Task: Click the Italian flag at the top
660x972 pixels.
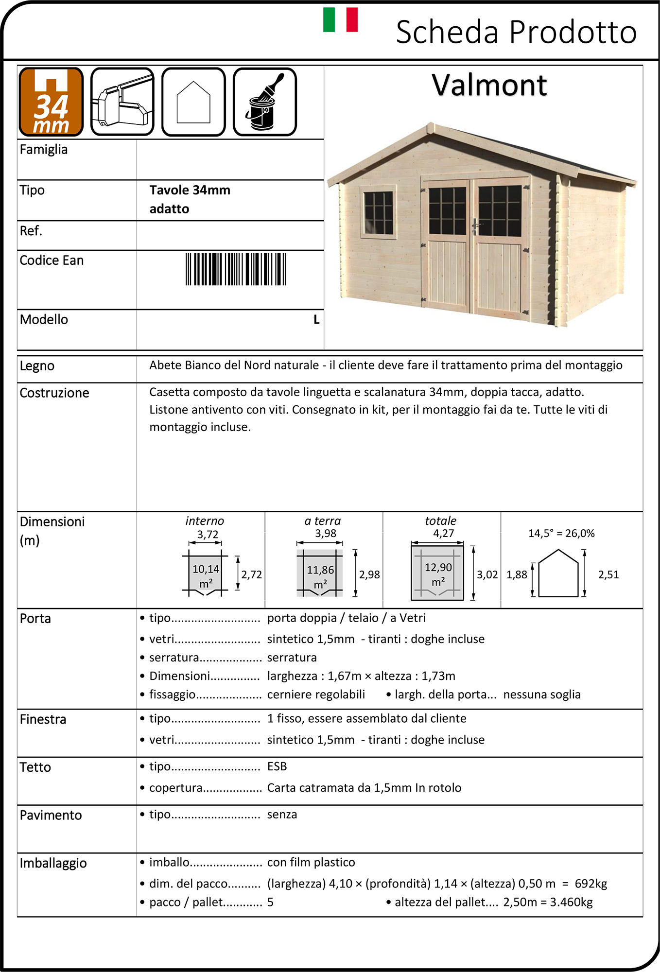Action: click(x=340, y=20)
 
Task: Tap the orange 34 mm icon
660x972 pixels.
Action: click(x=51, y=102)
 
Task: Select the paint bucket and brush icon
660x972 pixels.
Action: click(x=265, y=102)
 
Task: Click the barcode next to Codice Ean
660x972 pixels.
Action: click(x=236, y=269)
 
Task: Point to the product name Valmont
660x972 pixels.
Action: click(x=489, y=85)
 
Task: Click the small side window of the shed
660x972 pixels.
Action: click(x=378, y=212)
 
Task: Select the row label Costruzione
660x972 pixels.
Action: click(x=54, y=393)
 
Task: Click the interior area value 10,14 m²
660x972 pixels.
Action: click(x=206, y=575)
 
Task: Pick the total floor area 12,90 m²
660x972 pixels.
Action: click(x=438, y=574)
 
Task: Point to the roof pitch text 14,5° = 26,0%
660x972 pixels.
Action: click(x=561, y=533)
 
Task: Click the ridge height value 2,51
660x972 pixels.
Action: click(x=608, y=574)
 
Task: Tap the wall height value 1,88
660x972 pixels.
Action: click(x=517, y=574)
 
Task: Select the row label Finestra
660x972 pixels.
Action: click(x=43, y=719)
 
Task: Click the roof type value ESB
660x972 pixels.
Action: click(x=277, y=766)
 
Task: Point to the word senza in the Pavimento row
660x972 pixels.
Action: click(x=282, y=815)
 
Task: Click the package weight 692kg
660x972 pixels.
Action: click(x=591, y=884)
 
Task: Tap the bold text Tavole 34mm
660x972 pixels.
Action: click(x=190, y=190)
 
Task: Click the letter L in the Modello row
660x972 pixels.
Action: click(x=316, y=320)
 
